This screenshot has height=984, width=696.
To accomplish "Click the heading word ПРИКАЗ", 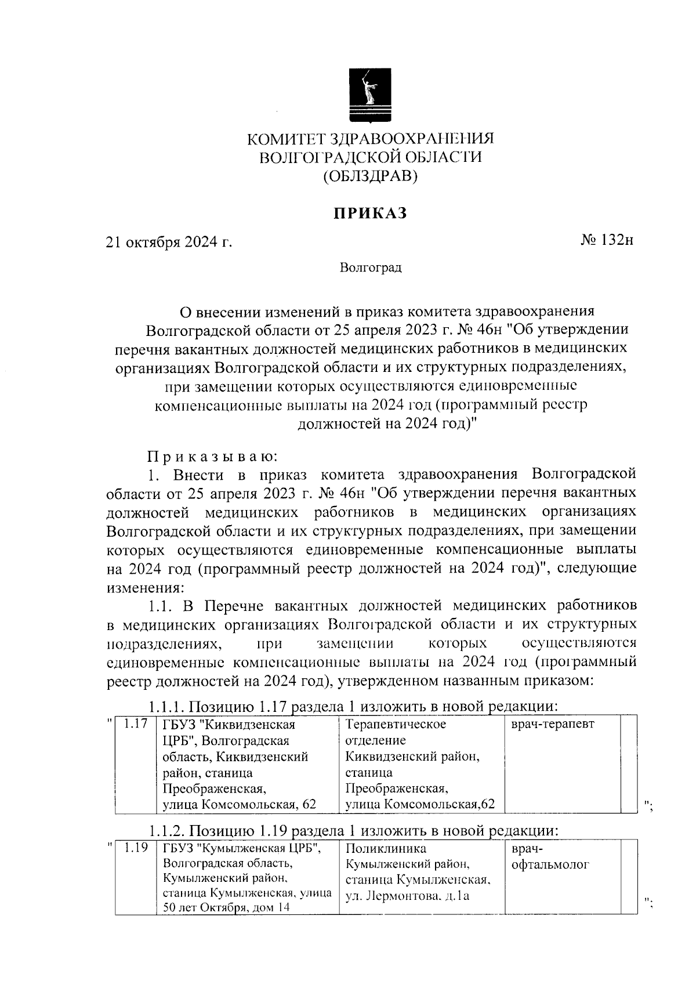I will (370, 214).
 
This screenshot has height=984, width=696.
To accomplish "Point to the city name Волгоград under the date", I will (371, 267).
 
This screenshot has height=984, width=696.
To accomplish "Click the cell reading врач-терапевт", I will (553, 724).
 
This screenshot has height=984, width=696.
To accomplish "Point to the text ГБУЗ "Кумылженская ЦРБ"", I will (243, 849).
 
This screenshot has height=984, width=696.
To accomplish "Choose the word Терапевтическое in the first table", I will (396, 724).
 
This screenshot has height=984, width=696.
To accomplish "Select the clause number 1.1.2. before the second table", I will (167, 831).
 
